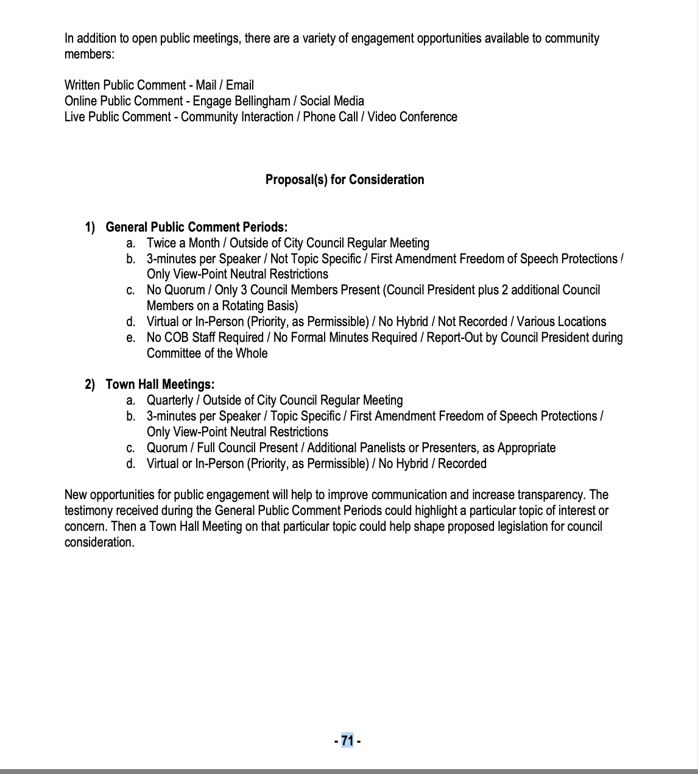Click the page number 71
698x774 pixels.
347,740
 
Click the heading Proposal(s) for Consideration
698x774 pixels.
345,179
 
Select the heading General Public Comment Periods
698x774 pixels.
196,227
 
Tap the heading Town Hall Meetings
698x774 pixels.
160,385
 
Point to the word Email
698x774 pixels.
240,85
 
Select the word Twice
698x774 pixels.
161,243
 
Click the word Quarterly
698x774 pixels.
170,400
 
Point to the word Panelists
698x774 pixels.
378,448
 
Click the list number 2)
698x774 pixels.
90,385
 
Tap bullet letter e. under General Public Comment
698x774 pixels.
130,338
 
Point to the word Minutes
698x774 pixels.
344,338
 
